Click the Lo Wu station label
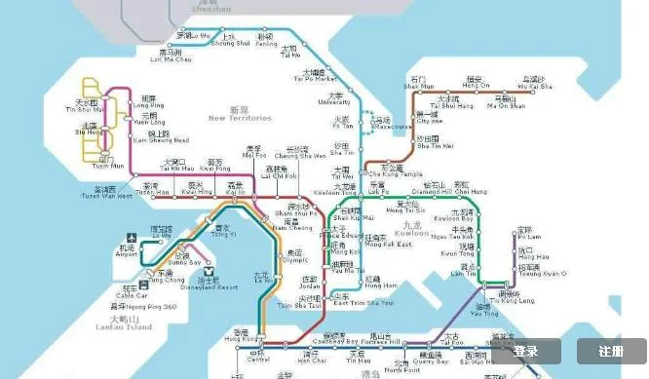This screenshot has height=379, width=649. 192,38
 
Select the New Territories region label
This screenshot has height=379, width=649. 239,115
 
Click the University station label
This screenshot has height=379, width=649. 336,99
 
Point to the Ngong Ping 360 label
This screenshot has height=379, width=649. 142,305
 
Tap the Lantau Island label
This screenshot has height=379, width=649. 130,323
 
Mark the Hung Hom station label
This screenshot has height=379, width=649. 381,284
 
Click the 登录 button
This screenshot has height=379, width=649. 525,351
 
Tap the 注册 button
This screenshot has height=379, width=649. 611,351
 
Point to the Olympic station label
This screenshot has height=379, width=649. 296,257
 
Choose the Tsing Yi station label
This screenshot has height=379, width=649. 223,232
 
